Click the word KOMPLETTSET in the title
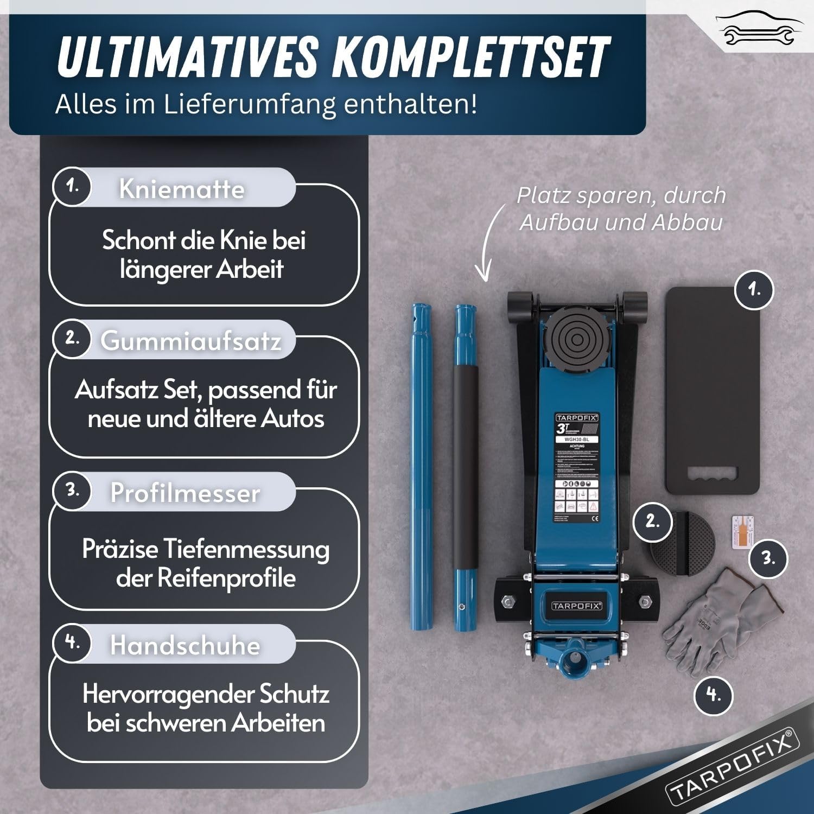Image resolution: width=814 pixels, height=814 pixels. click(x=471, y=57)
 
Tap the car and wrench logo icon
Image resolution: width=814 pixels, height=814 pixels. click(x=759, y=30)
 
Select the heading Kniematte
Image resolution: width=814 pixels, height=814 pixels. click(x=181, y=189)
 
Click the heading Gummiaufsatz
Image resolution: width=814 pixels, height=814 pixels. click(x=190, y=341)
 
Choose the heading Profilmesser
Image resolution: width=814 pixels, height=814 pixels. click(x=185, y=493)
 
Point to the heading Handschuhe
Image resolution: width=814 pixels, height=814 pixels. click(x=185, y=645)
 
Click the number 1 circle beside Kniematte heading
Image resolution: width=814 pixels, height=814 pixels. click(x=72, y=186)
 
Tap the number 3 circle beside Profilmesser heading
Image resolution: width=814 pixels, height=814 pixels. click(x=72, y=490)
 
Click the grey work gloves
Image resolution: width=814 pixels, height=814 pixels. click(x=716, y=616)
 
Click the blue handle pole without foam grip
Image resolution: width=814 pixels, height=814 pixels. click(x=421, y=467)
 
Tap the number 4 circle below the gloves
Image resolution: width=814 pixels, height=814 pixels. click(x=714, y=694)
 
